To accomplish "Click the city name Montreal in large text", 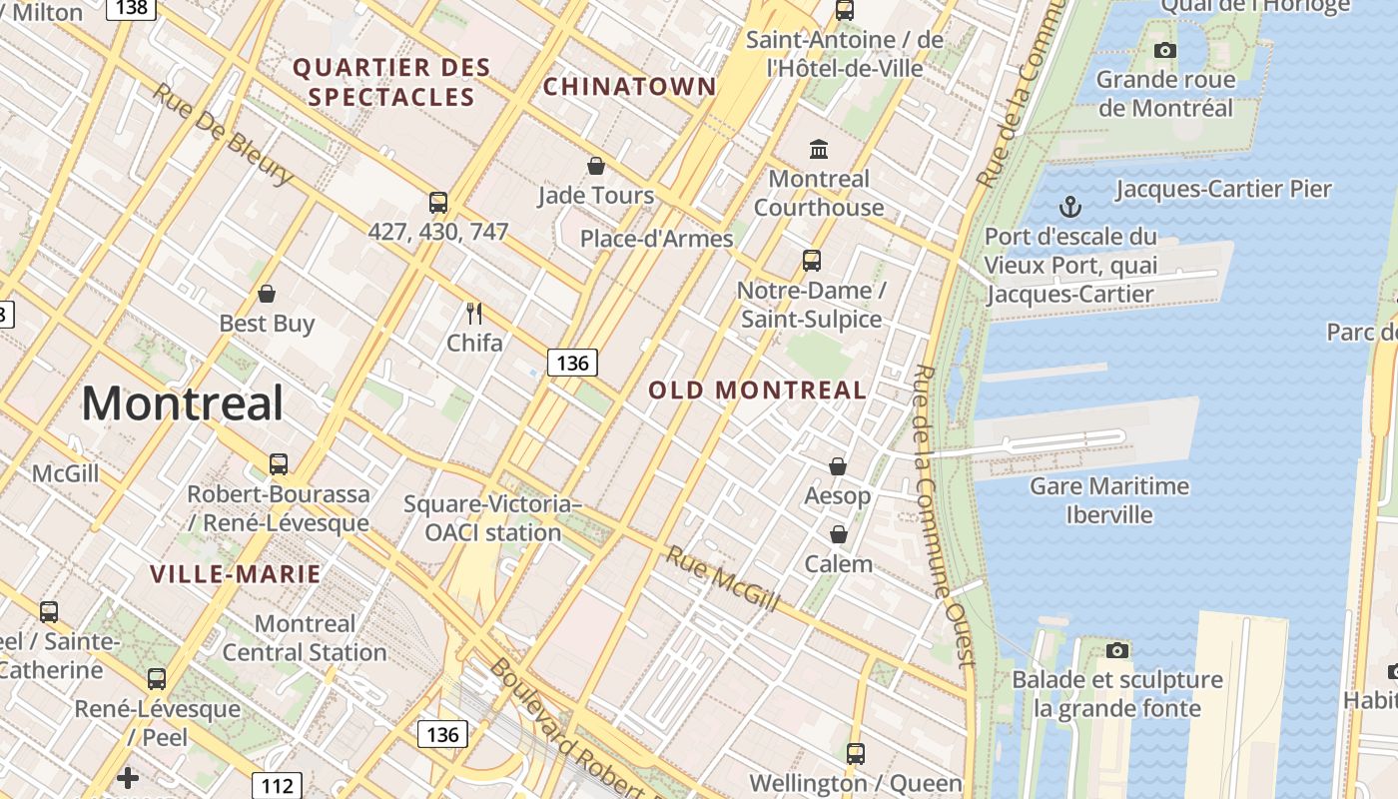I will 182,403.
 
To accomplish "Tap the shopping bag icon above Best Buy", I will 267,294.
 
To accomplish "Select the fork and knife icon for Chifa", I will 474,314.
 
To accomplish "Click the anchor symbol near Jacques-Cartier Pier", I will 1069,208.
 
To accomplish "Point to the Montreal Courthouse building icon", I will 819,150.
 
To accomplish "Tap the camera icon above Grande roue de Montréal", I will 1164,50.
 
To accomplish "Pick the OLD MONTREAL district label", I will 758,391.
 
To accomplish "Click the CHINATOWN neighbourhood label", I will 629,87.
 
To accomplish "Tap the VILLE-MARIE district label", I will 236,574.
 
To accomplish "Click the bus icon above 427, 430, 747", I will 437,203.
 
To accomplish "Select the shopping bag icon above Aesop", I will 838,466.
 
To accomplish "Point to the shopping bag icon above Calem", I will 839,534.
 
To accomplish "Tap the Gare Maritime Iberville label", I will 1109,500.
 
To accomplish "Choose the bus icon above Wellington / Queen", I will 855,754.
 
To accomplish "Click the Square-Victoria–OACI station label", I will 493,518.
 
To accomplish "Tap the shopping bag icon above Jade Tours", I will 596,166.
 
